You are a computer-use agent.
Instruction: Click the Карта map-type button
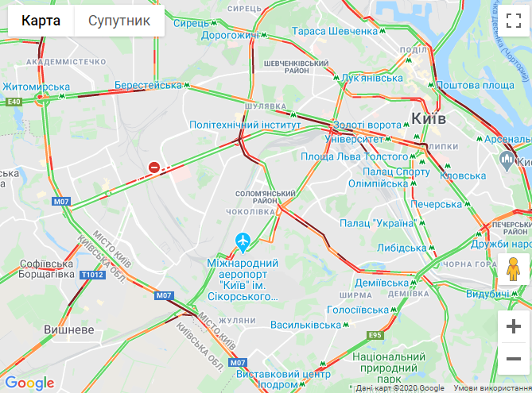[41, 21]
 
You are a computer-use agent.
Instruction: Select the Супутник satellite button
[119, 21]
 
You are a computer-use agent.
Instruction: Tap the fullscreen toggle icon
[513, 20]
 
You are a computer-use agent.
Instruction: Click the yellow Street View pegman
[514, 270]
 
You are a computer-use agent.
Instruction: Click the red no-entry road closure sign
[154, 167]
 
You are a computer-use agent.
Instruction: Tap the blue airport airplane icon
[243, 241]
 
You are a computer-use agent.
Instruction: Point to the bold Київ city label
[429, 118]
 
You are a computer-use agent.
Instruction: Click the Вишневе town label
[69, 329]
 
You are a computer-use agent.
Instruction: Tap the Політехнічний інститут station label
[244, 125]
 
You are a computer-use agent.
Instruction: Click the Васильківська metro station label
[306, 325]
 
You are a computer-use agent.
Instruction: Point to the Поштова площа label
[476, 85]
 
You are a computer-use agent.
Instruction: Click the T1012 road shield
[92, 275]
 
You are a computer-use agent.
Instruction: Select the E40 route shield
[14, 102]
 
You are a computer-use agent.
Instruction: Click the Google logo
[29, 383]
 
